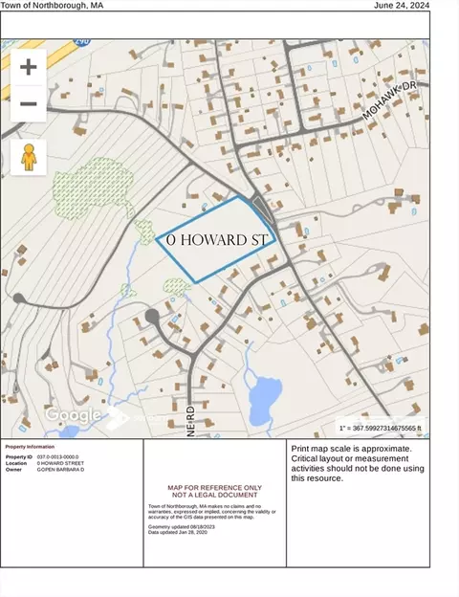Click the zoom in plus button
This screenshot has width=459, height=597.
pos(28,67)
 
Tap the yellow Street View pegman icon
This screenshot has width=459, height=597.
pos(28,157)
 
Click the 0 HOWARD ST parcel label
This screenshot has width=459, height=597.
pos(216,239)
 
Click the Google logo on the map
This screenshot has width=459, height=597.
pos(74,415)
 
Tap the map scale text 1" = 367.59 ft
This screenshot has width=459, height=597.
pos(379,428)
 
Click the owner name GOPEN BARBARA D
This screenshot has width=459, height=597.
pos(61,470)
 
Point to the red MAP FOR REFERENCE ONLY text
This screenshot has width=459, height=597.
pos(214,486)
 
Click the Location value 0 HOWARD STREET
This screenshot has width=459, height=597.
pos(60,463)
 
